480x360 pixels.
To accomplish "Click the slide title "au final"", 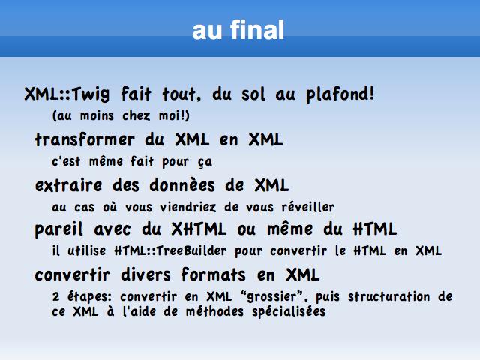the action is coord(238,30).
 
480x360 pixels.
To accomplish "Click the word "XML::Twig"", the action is coord(67,94).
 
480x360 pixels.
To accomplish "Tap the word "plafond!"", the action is coord(340,94).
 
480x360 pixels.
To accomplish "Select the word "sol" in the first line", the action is coord(253,94).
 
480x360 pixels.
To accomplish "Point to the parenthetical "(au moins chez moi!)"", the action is coord(121,115).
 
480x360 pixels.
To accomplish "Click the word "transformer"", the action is coord(85,140).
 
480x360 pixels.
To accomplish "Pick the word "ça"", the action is coord(205,162).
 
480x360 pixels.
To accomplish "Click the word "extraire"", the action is coord(68,185).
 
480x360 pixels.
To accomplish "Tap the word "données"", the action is coord(182,185).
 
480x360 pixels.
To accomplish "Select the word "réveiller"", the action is coord(308,207).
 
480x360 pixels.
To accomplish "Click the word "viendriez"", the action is coord(188,207).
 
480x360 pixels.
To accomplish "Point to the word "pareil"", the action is coord(58,229).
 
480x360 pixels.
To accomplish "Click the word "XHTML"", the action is coord(199,229).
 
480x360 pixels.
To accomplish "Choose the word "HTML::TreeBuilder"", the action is coord(170,250).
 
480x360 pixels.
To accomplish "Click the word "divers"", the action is coord(145,274).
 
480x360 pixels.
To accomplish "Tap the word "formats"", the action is coord(213,274).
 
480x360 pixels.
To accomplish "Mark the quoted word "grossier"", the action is coord(271,296).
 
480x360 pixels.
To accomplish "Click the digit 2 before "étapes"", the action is coord(55,296).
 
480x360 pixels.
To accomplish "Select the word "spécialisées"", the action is coord(289,312).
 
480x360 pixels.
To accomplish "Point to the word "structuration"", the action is coord(388,296).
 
